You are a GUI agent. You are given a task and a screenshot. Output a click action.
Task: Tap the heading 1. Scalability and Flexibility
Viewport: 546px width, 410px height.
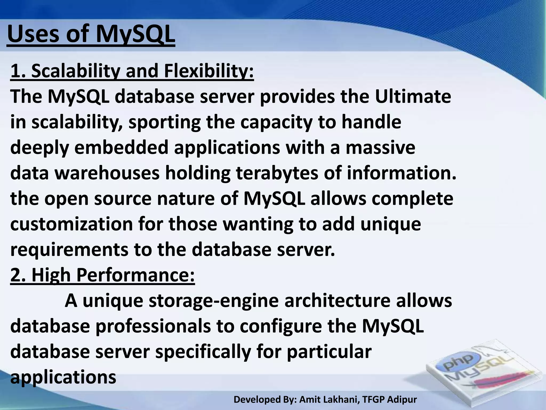tap(132, 71)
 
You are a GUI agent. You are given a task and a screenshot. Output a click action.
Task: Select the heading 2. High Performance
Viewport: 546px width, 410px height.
tap(103, 275)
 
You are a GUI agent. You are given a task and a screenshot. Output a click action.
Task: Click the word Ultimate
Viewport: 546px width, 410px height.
tap(413, 97)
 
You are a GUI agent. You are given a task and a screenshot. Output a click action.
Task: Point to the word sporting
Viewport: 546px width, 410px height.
tap(164, 122)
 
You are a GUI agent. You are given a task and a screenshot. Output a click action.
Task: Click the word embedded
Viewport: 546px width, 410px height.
tap(121, 148)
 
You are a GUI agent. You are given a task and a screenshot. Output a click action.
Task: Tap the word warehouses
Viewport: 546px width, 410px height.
tap(107, 173)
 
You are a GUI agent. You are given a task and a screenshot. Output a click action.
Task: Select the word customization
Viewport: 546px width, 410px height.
tap(71, 224)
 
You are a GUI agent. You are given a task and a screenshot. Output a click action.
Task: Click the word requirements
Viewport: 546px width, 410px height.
tap(69, 250)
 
